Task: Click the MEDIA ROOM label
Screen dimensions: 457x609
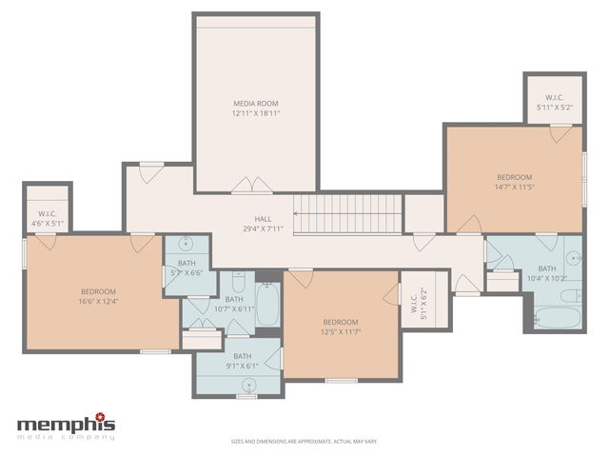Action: point(255,103)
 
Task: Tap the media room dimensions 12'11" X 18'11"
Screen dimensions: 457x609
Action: point(255,113)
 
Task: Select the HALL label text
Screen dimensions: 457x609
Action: point(263,219)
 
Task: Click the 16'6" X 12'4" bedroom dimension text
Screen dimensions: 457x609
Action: point(98,302)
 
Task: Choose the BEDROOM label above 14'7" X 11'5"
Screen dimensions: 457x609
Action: point(515,177)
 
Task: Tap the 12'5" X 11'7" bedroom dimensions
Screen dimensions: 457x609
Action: point(340,332)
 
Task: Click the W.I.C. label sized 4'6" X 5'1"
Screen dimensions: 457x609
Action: point(48,213)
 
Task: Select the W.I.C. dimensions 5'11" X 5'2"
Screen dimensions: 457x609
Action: point(555,108)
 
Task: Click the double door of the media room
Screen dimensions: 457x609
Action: point(245,187)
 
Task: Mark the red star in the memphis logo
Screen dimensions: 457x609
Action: point(111,416)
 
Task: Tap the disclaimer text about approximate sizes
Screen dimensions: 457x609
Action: point(304,442)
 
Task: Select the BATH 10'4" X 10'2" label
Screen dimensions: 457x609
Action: point(546,273)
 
